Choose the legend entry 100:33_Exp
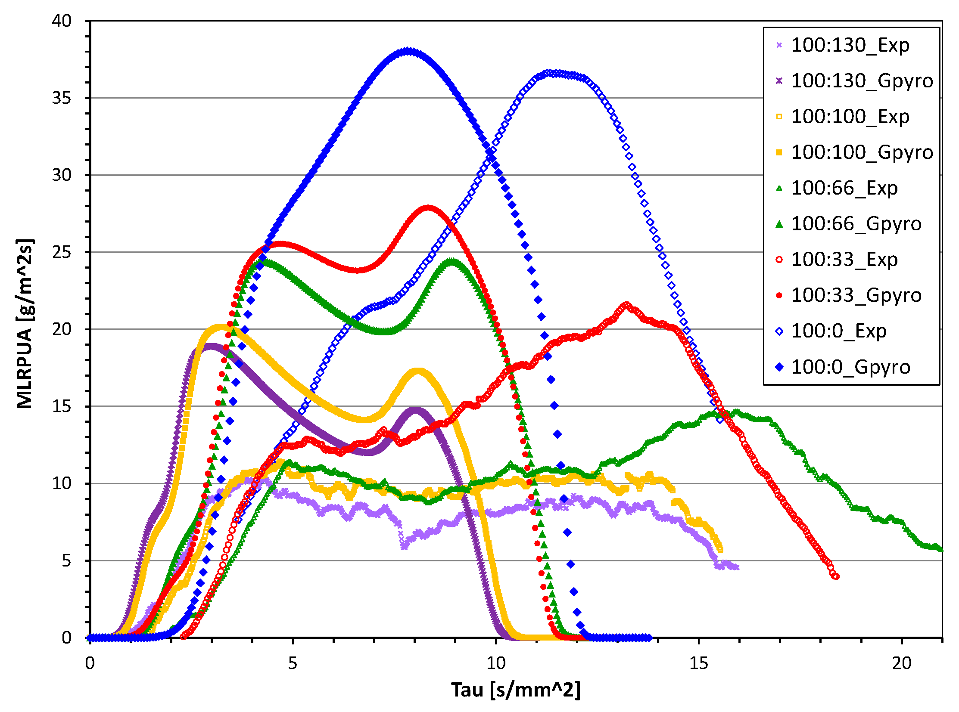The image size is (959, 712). point(844,260)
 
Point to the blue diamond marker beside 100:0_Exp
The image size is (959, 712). point(778,331)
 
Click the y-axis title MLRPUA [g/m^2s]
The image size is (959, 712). point(25,323)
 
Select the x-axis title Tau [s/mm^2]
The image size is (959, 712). point(516,690)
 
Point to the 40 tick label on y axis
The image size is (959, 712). point(62,21)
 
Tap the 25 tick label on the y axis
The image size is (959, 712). point(62,253)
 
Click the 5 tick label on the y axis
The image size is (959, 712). point(66,561)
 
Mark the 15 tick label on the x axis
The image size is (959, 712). point(698,663)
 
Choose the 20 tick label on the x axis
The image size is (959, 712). point(901,663)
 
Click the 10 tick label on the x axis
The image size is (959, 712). point(496,663)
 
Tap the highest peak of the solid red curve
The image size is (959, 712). point(428,208)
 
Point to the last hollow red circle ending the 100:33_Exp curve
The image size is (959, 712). point(836,576)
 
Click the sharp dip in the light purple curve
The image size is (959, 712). point(404,547)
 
